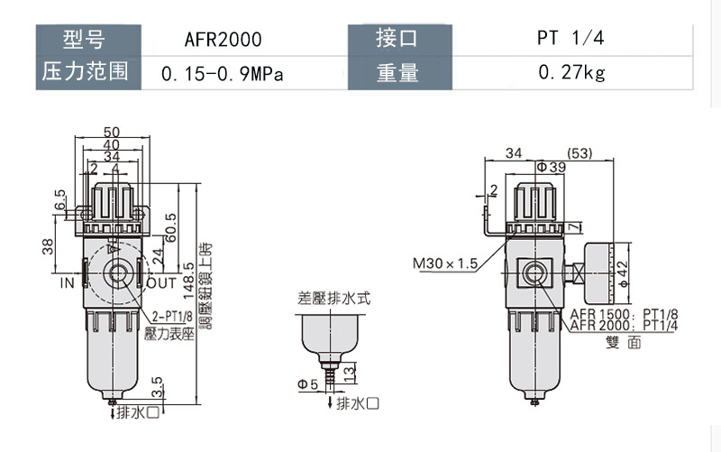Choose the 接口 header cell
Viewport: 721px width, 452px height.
click(397, 39)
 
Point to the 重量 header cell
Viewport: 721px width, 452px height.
click(397, 73)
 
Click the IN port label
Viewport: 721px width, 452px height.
click(67, 282)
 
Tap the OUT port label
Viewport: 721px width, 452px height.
click(161, 282)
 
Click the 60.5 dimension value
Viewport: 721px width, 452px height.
click(171, 217)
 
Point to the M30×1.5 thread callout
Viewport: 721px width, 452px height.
click(444, 264)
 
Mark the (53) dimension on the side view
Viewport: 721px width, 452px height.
click(580, 154)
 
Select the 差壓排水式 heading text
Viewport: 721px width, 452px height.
click(334, 297)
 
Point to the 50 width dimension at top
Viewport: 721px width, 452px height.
click(112, 132)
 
